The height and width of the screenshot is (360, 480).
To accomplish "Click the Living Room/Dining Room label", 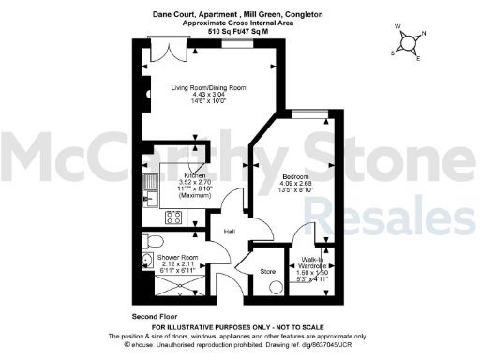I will point(208,87).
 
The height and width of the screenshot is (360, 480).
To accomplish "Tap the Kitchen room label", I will point(195,175).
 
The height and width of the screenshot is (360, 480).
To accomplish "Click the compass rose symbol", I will point(406,43).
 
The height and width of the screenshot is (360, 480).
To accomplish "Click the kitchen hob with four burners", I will point(172,218).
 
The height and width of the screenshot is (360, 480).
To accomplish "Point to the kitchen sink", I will point(150,194).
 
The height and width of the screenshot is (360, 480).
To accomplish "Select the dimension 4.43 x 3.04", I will point(208,95).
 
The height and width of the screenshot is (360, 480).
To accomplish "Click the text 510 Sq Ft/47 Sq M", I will point(240,31).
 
